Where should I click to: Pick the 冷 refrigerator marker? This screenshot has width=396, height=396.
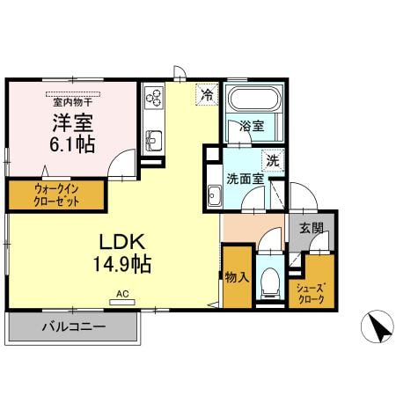[207, 93]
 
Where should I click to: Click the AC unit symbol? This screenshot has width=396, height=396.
[122, 301]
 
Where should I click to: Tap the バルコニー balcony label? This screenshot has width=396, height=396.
[74, 329]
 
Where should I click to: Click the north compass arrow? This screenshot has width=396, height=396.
[377, 327]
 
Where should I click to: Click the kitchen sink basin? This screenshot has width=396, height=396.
[152, 139]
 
